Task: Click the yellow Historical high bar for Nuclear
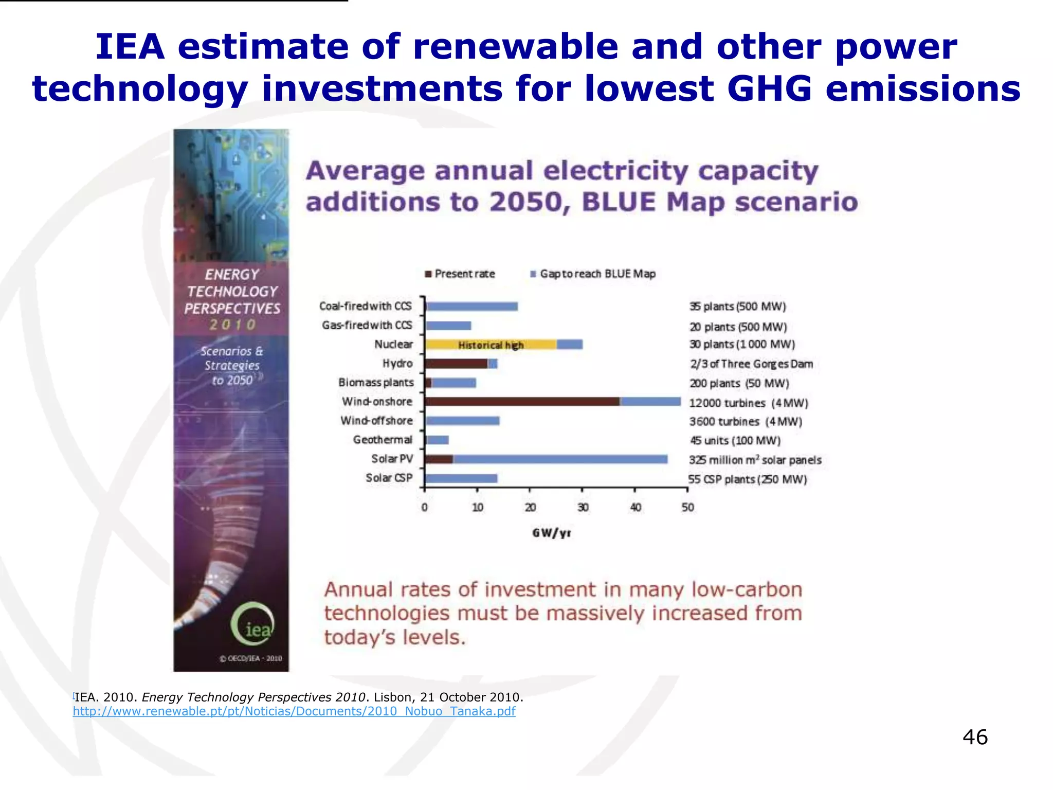click(x=491, y=345)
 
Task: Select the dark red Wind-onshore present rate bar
click(x=522, y=402)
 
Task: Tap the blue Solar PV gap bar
click(x=560, y=459)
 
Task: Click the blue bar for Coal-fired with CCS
click(x=472, y=307)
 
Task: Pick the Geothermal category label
click(x=383, y=440)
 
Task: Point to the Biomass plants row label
click(x=376, y=383)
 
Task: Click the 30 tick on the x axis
click(x=583, y=508)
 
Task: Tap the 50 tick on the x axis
click(x=687, y=508)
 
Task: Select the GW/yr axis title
click(x=551, y=533)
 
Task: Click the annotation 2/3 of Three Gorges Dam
click(x=751, y=364)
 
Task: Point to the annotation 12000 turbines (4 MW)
click(x=748, y=403)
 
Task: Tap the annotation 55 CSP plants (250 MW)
click(x=747, y=479)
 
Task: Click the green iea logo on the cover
click(x=252, y=624)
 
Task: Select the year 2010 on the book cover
click(x=232, y=325)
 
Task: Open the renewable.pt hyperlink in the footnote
click(x=294, y=711)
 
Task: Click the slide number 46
click(x=974, y=737)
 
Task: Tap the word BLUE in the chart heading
click(x=619, y=202)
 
